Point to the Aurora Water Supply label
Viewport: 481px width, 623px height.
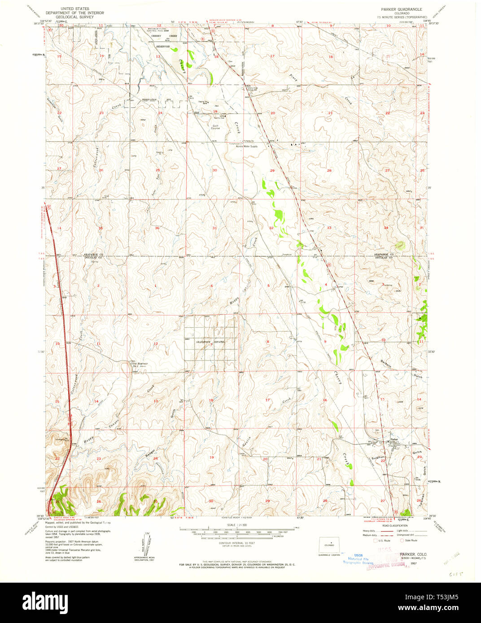[x=247, y=147]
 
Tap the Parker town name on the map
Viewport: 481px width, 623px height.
[x=394, y=439]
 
